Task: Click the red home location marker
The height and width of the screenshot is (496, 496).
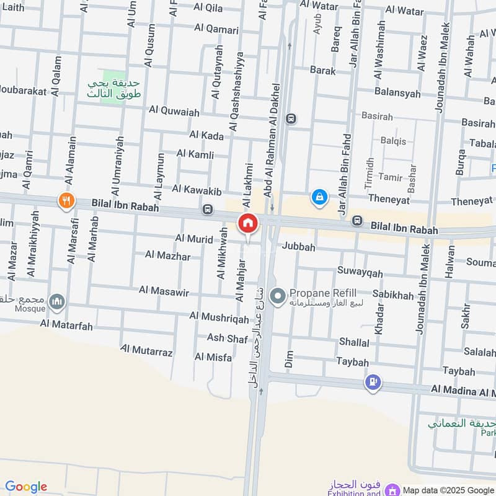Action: pos(247,224)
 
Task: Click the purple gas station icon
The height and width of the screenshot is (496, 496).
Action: pos(373,383)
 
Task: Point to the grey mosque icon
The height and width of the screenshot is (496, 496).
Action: pos(58,301)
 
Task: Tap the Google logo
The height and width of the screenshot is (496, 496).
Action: pos(26,487)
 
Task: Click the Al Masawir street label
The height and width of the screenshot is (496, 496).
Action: pos(164,290)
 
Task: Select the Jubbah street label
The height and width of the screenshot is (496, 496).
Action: pos(299,247)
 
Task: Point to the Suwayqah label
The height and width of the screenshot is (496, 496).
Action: pos(360,272)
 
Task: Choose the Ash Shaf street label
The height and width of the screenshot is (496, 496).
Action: pos(228,337)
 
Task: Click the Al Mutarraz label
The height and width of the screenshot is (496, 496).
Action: pos(146,352)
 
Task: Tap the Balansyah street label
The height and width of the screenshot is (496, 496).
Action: pos(397,93)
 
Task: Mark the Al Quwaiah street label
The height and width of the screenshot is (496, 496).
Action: pos(174,112)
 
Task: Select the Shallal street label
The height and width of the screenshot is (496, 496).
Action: pos(354,342)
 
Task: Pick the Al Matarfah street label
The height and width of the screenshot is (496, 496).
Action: pos(66,323)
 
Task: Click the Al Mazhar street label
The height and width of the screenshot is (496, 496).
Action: pos(167,255)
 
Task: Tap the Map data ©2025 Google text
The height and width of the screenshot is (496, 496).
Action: pos(448,490)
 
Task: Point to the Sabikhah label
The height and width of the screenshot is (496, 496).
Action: pos(393,296)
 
